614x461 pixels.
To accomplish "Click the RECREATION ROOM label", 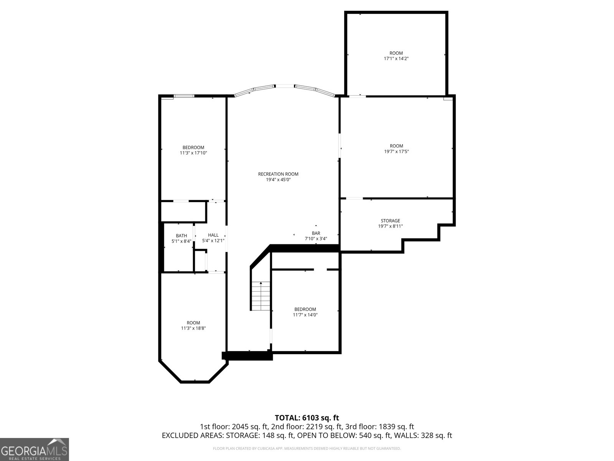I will point(278,174).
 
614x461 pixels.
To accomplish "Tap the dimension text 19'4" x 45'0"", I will point(278,179).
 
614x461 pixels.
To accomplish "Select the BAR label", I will point(316,233).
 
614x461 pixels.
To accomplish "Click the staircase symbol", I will point(261,296).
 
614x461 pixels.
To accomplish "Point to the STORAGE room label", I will point(390,221).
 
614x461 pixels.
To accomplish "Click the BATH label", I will point(182,236).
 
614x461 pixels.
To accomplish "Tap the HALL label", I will point(213,235).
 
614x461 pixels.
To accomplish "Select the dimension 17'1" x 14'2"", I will point(396,59).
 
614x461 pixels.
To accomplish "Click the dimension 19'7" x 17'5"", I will point(396,151).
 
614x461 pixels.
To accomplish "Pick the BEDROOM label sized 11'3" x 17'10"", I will point(193,148).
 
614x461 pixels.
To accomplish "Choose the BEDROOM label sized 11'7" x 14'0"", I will point(305,309).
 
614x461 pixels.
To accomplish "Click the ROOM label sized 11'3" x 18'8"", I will point(193,323).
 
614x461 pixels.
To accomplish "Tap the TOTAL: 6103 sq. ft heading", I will point(307,418).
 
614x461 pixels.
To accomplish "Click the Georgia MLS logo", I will point(35,449).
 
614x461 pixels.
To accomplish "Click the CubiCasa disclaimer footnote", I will point(307,448).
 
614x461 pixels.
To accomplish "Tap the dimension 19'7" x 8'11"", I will point(390,226).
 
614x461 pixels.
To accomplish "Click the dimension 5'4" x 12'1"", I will point(213,241).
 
